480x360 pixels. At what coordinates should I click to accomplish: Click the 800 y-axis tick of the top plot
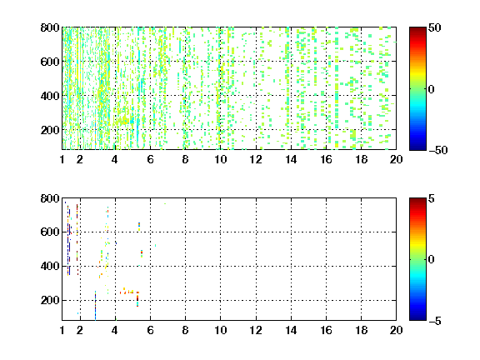pos(50,27)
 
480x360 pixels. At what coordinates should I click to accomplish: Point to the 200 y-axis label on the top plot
pos(50,130)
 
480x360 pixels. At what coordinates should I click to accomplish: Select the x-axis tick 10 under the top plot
pos(220,159)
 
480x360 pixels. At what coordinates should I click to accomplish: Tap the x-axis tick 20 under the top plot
pos(396,159)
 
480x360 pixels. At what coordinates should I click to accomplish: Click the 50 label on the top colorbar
pos(434,27)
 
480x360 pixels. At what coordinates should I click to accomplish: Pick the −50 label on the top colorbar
pos(437,150)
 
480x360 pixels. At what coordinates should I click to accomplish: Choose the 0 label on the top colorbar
pos(432,89)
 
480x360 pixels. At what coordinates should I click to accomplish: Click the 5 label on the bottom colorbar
pos(432,198)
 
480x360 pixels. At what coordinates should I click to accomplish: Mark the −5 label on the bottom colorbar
pos(435,321)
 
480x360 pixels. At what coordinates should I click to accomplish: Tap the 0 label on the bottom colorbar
pos(432,260)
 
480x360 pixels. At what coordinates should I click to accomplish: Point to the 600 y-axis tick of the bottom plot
pos(50,232)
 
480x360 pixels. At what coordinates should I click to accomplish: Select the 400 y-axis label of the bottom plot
pos(50,266)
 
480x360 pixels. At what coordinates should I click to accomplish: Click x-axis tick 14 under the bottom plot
pos(291,330)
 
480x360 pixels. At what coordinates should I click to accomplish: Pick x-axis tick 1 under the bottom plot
pos(62,330)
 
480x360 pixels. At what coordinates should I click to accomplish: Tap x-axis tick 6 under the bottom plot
pos(150,330)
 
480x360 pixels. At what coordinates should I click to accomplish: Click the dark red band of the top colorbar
pos(417,30)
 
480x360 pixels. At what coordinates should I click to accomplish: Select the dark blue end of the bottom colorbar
pos(417,317)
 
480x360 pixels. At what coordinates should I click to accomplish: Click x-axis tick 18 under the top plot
pos(361,159)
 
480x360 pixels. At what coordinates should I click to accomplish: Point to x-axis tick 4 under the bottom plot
pos(115,330)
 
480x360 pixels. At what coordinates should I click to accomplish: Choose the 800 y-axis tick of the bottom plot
pos(50,198)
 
